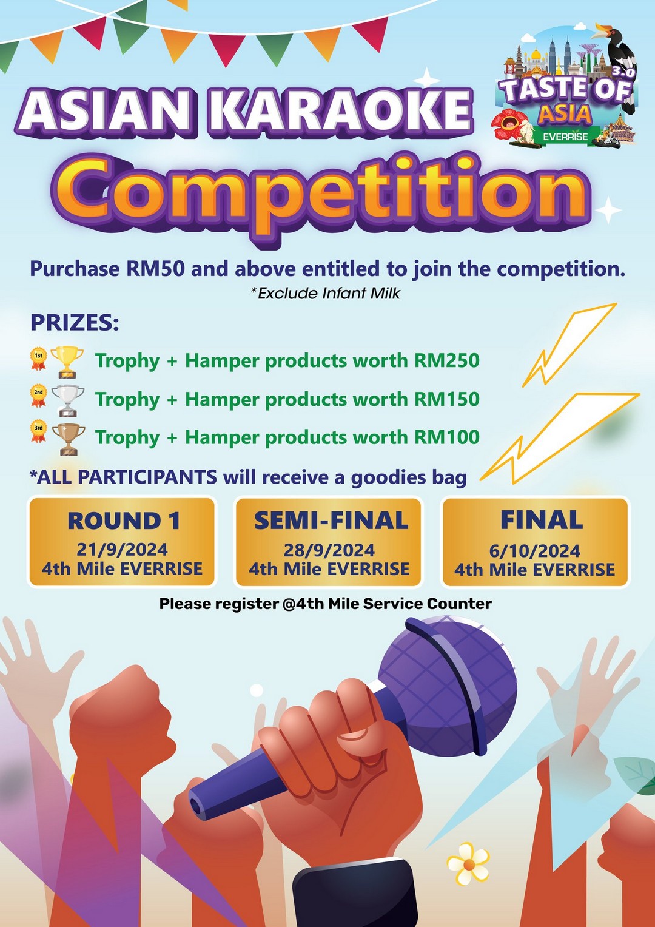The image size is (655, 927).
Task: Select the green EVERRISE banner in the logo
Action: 566,136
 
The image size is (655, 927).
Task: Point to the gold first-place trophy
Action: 67,362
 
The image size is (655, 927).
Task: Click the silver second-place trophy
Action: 67,400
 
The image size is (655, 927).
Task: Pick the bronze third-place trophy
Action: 69,439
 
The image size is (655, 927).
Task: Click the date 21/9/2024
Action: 122,550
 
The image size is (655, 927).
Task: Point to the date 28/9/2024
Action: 329,550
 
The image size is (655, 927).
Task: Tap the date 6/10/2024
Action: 534,551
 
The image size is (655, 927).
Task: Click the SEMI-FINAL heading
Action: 331,521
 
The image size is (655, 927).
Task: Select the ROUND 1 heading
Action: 124,521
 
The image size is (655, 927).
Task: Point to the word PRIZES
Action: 75,323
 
